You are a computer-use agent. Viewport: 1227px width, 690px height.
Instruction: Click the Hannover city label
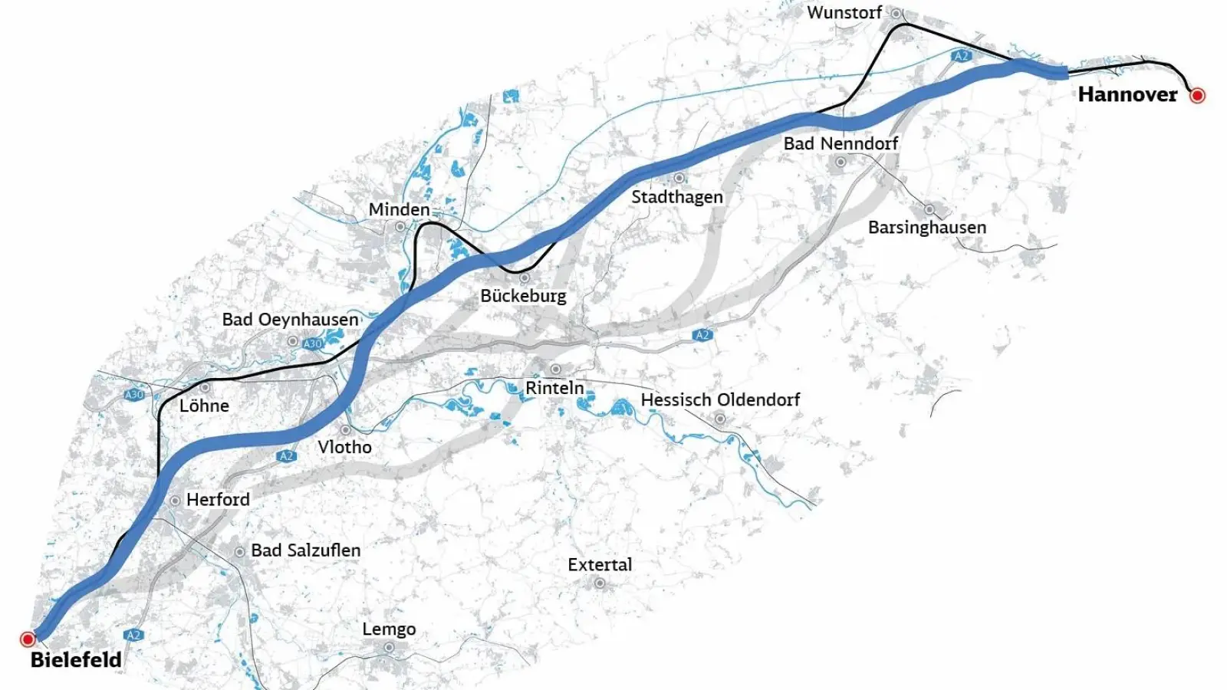click(1127, 94)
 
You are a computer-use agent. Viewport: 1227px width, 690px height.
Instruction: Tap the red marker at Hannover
click(1197, 95)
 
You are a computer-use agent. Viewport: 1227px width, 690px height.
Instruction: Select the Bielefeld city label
click(76, 659)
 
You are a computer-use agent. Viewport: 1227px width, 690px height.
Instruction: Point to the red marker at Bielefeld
click(28, 639)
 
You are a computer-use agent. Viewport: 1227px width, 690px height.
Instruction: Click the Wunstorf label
click(844, 12)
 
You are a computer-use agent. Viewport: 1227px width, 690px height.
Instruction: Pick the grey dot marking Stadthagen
click(679, 178)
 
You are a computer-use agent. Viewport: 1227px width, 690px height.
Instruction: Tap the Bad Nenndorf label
click(840, 143)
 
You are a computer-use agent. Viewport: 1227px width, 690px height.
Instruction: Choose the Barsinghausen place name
click(927, 227)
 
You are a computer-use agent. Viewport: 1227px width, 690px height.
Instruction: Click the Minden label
click(399, 209)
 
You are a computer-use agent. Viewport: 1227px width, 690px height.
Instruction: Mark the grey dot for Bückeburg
click(525, 278)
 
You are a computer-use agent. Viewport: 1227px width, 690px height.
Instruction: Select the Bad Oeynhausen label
click(290, 319)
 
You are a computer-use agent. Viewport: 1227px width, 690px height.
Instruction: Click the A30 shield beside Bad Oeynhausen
click(313, 343)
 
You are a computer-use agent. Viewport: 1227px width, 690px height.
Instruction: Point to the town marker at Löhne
click(205, 388)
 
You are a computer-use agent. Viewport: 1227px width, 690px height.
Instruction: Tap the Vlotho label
click(344, 446)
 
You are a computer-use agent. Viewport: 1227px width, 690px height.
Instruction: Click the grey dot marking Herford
click(175, 500)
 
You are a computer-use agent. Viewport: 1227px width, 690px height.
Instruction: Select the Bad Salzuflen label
click(305, 550)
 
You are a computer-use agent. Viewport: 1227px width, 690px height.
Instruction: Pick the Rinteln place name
click(554, 388)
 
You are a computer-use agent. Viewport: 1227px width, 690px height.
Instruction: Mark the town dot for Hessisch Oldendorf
click(720, 419)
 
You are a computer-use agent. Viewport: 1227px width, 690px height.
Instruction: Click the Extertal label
click(600, 564)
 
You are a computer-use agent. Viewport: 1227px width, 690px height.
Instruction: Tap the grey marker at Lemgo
click(389, 647)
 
